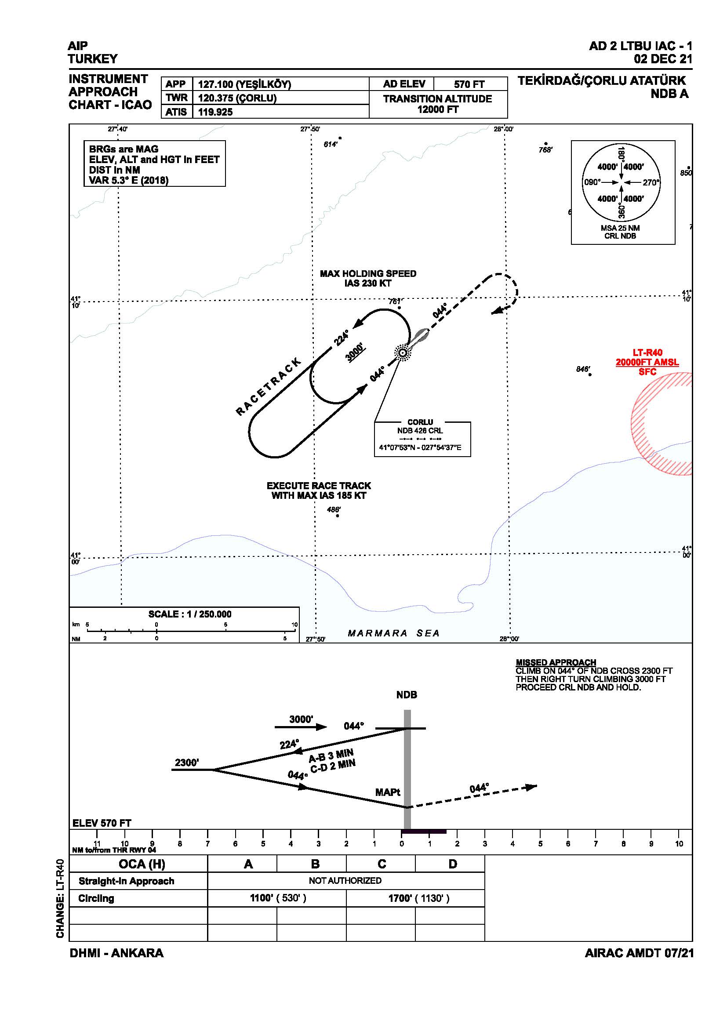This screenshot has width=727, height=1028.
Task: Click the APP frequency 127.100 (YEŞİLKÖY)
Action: [244, 84]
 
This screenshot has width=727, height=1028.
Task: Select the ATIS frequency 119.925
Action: [215, 112]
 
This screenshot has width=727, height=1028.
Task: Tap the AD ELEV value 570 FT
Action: [469, 84]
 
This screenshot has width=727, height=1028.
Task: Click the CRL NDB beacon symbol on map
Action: [403, 353]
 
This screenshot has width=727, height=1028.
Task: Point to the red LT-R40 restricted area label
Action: [647, 353]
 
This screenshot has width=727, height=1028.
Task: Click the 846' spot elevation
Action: [583, 369]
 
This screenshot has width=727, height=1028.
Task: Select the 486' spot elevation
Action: [334, 509]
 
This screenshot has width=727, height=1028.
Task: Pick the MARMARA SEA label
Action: [393, 633]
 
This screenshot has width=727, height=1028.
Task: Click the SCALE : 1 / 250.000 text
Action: [190, 614]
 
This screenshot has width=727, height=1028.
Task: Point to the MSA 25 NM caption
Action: [620, 228]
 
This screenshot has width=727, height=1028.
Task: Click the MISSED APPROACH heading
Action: [556, 662]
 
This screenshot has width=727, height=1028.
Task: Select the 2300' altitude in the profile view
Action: [187, 763]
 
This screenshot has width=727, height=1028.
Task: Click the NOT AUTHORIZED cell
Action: [345, 881]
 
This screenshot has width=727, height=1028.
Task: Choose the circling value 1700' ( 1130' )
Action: [418, 898]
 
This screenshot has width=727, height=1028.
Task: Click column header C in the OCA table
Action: [382, 864]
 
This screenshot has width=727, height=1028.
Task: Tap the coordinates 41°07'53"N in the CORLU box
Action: [396, 447]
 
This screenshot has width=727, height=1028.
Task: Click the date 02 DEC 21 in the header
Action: [662, 58]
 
